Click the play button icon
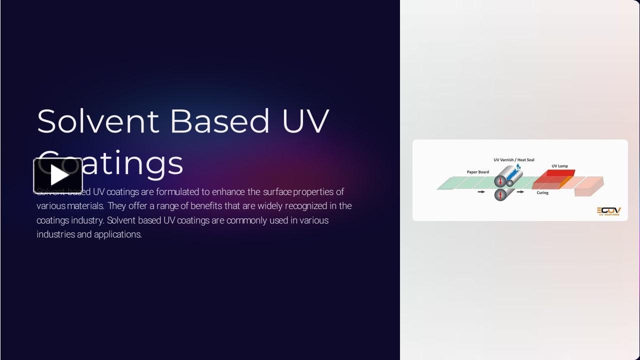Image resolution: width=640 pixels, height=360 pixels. pyautogui.click(x=58, y=175)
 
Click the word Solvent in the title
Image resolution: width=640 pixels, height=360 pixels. pyautogui.click(x=98, y=121)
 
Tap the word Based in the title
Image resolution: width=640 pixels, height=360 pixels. pyautogui.click(x=219, y=121)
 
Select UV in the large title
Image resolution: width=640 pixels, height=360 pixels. pyautogui.click(x=305, y=121)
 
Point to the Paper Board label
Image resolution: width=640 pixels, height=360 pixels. pyautogui.click(x=478, y=172)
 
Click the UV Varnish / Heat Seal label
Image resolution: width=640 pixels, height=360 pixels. pyautogui.click(x=514, y=160)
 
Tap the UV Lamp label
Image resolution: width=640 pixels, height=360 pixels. pyautogui.click(x=559, y=166)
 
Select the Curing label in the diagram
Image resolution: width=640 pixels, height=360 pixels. pyautogui.click(x=542, y=192)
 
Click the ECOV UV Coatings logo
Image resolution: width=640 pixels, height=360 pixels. pyautogui.click(x=608, y=211)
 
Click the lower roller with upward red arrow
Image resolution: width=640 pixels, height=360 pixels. pyautogui.click(x=500, y=194)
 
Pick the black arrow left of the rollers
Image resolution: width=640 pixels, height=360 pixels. pyautogui.click(x=481, y=191)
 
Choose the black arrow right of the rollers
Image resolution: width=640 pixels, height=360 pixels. pyautogui.click(x=520, y=191)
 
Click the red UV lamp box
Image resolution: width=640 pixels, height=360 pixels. pyautogui.click(x=560, y=173)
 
